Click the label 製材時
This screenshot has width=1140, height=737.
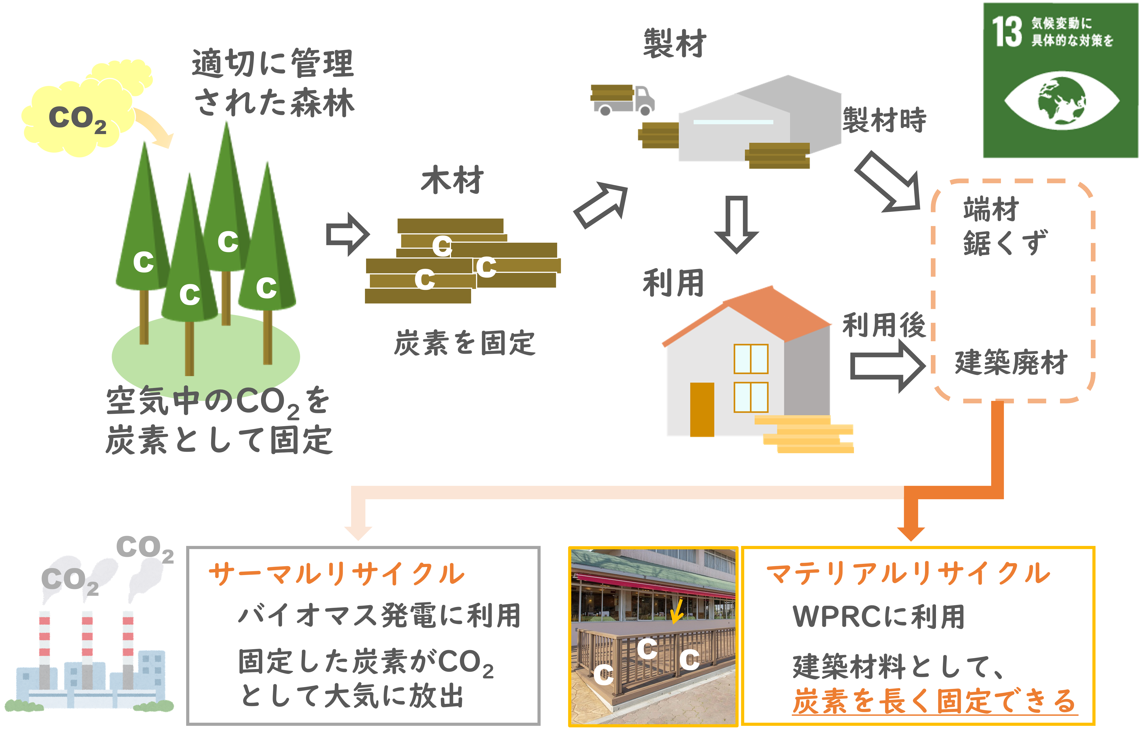[884, 120]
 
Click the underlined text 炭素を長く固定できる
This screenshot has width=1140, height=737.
[934, 702]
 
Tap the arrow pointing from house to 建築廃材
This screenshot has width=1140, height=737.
[888, 366]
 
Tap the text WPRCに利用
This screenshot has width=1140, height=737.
[878, 616]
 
